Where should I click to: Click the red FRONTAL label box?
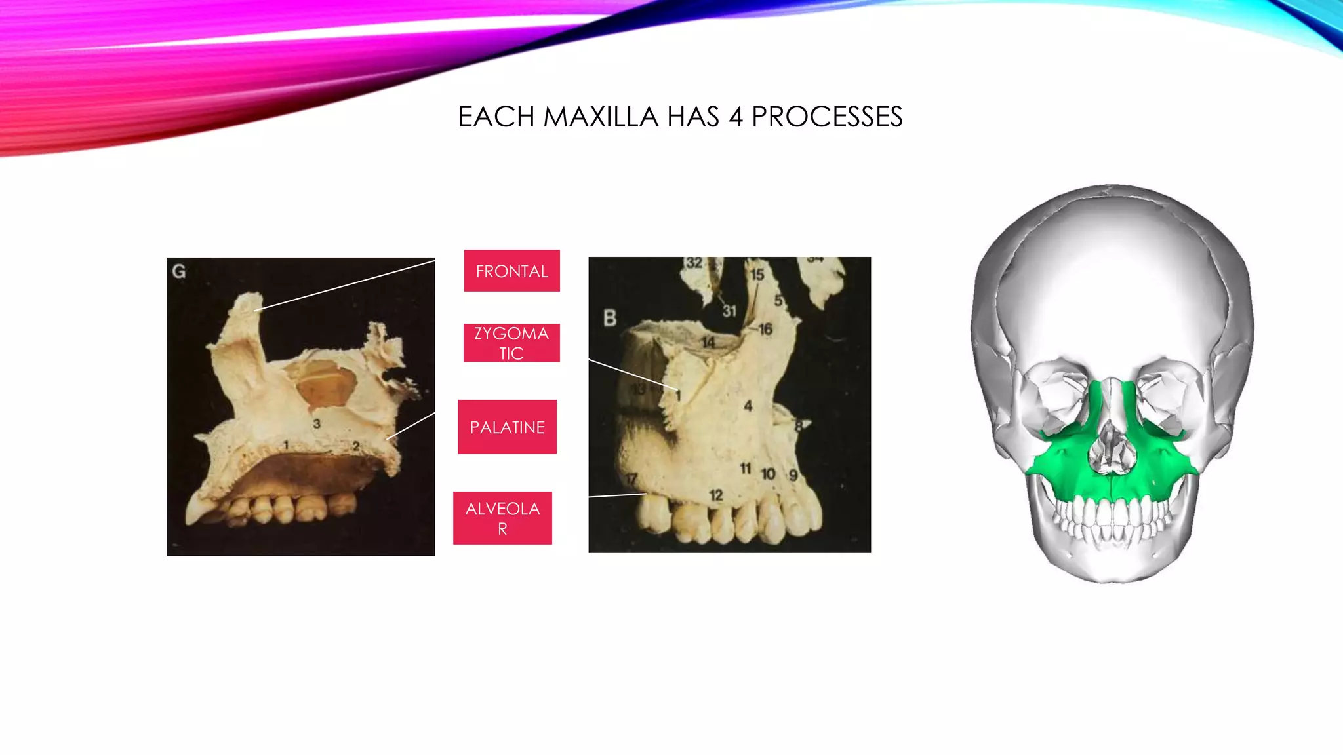pyautogui.click(x=511, y=271)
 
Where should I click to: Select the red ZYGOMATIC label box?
pyautogui.click(x=511, y=343)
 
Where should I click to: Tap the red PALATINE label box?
pyautogui.click(x=507, y=427)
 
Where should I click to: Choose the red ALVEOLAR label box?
pyautogui.click(x=502, y=518)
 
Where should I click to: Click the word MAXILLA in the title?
pyautogui.click(x=601, y=117)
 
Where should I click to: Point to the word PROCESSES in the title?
pyautogui.click(x=827, y=117)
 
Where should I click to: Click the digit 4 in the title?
pyautogui.click(x=735, y=117)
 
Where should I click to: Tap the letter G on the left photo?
pyautogui.click(x=178, y=271)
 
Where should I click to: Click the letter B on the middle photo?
pyautogui.click(x=610, y=319)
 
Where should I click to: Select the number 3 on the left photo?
pyautogui.click(x=317, y=424)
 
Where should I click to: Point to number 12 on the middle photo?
pyautogui.click(x=715, y=495)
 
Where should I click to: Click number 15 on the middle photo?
pyautogui.click(x=757, y=275)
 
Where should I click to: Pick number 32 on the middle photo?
pyautogui.click(x=694, y=263)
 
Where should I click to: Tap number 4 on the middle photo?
pyautogui.click(x=748, y=406)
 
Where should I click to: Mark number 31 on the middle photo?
pyautogui.click(x=729, y=311)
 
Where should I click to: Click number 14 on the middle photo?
pyautogui.click(x=708, y=342)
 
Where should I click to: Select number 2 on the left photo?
pyautogui.click(x=356, y=446)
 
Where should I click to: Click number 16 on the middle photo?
pyautogui.click(x=765, y=329)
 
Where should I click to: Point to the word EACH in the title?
pyautogui.click(x=496, y=117)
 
